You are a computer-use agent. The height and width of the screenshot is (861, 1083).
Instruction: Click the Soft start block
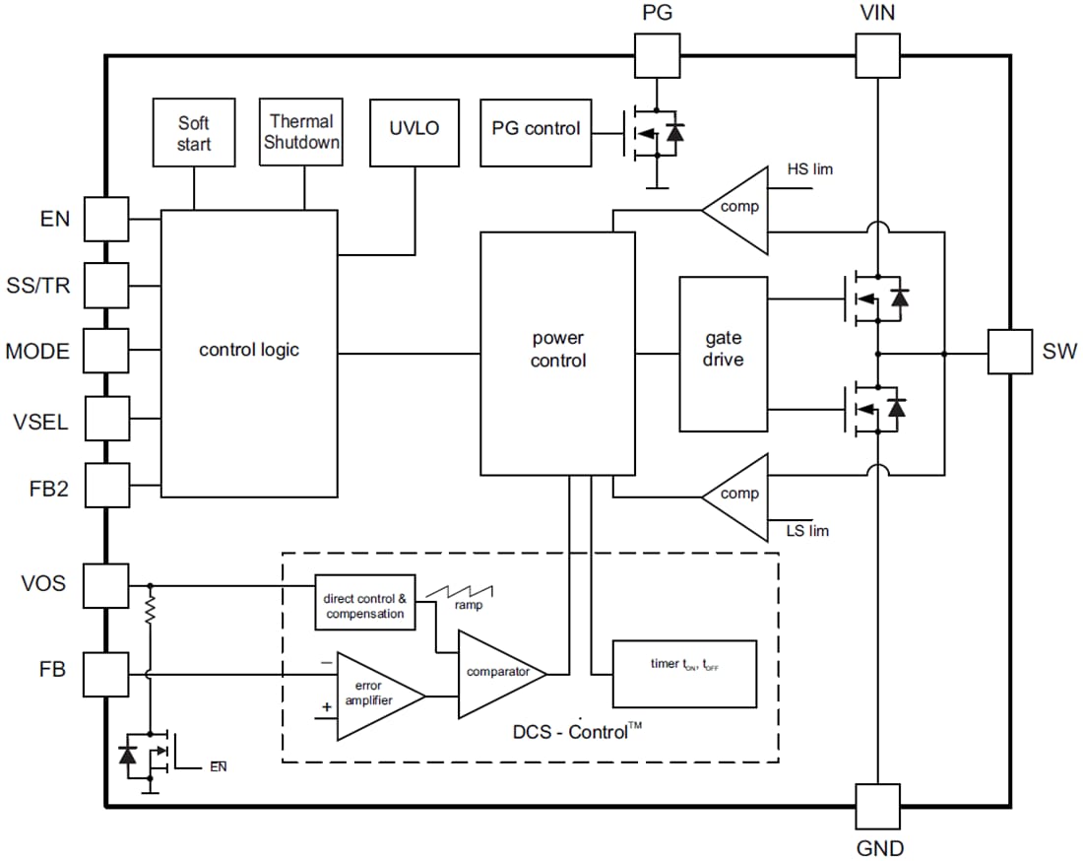point(194,132)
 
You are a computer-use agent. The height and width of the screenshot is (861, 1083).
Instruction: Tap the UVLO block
point(414,132)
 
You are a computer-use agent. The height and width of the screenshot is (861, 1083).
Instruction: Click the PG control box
point(536,131)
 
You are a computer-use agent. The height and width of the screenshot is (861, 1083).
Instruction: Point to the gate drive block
point(724,354)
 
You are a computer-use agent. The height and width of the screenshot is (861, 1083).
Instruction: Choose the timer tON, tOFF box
point(684,674)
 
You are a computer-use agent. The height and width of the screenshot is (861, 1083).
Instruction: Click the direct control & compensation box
point(364,603)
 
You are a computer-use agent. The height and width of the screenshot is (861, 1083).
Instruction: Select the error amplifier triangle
point(375,695)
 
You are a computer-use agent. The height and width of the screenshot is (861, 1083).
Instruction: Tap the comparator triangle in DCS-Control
point(497,674)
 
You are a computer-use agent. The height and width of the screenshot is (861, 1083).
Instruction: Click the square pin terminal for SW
point(1010,352)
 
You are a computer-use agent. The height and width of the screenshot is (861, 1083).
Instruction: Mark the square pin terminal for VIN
point(876,55)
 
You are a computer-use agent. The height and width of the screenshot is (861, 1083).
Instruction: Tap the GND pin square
point(876,806)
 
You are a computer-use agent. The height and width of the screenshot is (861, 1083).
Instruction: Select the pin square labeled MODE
point(106,352)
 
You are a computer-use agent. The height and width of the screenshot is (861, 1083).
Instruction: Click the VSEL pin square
point(106,419)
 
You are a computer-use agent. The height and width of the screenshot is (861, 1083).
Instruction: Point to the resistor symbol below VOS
point(151,611)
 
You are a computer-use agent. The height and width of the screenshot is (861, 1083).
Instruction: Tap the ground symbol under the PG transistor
point(656,185)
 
